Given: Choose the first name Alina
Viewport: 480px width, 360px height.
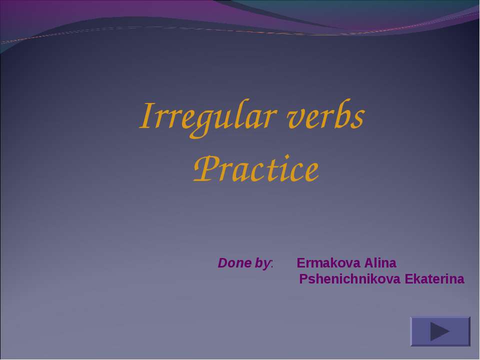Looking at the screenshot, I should pos(380,263).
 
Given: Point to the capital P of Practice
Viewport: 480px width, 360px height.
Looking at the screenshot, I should pos(203,170).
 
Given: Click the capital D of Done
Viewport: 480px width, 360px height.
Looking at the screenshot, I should pos(222,263).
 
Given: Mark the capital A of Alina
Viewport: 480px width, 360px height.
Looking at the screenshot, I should pos(368,263).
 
